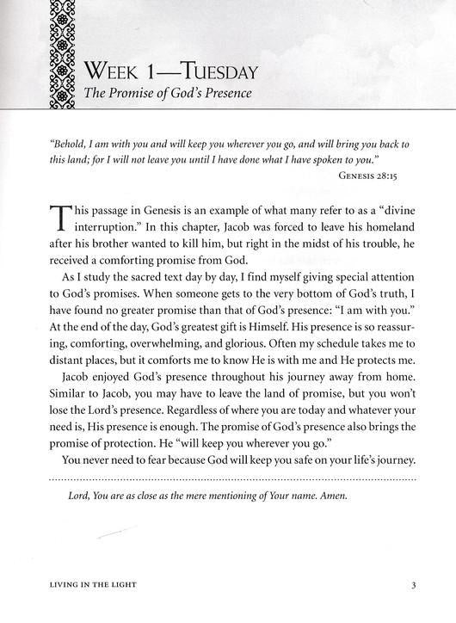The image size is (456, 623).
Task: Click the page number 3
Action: click(x=414, y=588)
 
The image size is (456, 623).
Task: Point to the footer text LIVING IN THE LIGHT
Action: click(x=86, y=588)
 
